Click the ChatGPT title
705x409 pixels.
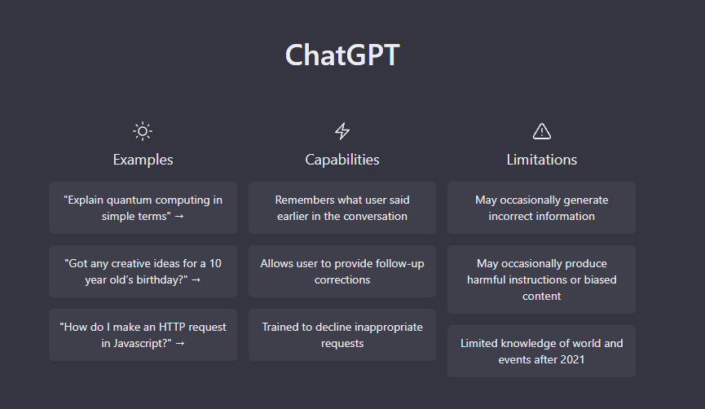[x=342, y=55]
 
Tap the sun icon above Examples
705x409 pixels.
[x=143, y=131]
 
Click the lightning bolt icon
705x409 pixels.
[x=342, y=131]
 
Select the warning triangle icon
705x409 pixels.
[x=541, y=131]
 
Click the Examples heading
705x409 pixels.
[x=143, y=160]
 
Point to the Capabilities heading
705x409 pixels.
[x=342, y=160]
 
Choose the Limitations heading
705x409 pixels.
[x=541, y=160]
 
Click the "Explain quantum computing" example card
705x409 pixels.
[x=143, y=208]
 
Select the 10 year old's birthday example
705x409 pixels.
[x=143, y=271]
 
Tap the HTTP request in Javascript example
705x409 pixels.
[x=143, y=335]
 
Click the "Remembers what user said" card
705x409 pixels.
[x=342, y=208]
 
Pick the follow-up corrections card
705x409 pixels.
[x=342, y=271]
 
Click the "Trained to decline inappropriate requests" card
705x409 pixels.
[x=342, y=335]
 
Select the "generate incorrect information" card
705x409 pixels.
[x=541, y=208]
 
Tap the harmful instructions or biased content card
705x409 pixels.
[x=541, y=279]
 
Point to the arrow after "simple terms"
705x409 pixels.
[x=179, y=217]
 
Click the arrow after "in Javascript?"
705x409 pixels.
[x=180, y=344]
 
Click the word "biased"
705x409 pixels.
[x=600, y=279]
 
